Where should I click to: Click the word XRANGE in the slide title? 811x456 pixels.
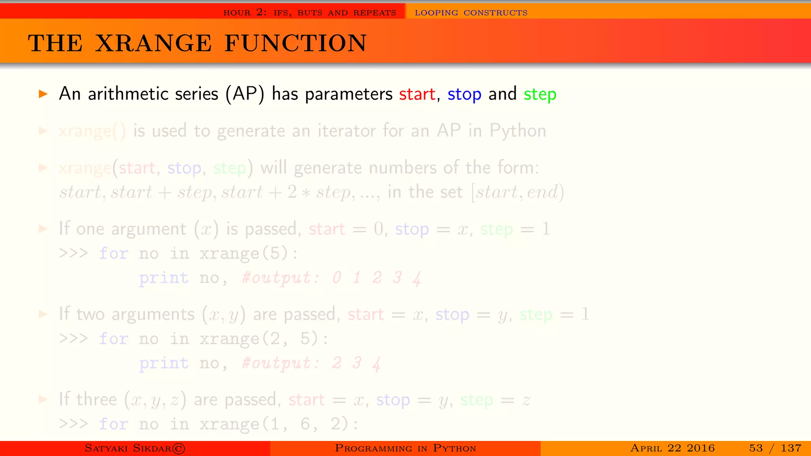point(154,43)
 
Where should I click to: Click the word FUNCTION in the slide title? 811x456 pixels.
point(295,43)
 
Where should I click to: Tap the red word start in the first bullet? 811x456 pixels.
point(417,94)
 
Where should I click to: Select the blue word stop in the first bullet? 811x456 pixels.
point(464,94)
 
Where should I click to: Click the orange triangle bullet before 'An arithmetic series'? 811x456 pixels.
point(43,94)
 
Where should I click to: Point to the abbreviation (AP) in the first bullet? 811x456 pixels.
point(245,94)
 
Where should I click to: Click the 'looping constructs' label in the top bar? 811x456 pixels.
point(471,13)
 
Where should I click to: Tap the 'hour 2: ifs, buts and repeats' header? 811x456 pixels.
point(310,13)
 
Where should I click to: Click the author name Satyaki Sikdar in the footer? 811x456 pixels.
point(135,448)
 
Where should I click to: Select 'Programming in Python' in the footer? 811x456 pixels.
point(405,448)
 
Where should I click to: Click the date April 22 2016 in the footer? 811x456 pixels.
point(672,448)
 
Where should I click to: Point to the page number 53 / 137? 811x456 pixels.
point(775,448)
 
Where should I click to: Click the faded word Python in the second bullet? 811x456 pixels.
point(518,131)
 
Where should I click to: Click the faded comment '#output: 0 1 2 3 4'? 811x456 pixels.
point(331,278)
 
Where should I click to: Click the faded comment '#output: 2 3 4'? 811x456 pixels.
point(311,363)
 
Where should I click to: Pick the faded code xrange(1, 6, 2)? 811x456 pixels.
point(279,424)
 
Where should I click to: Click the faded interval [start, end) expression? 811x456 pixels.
point(518,192)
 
